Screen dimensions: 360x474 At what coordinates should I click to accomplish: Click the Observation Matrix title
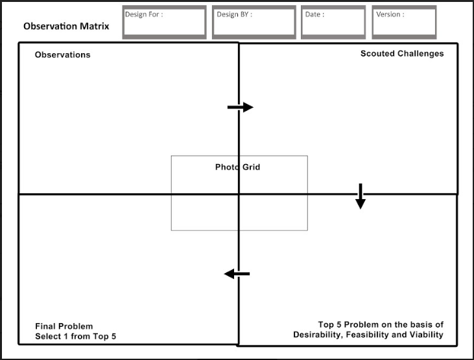[66, 27]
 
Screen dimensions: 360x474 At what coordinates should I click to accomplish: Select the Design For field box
[164, 23]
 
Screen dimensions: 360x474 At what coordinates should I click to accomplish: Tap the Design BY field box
[254, 23]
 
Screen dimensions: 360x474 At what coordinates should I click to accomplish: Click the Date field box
[333, 23]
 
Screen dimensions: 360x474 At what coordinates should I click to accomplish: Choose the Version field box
[404, 23]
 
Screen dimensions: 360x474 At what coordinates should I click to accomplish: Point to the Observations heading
[62, 55]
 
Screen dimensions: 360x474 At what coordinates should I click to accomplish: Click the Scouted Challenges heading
[402, 54]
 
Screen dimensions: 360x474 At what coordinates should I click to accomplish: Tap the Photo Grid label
[237, 167]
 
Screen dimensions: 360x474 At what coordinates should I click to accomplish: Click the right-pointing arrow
[240, 107]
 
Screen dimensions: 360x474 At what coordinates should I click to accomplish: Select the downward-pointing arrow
[361, 197]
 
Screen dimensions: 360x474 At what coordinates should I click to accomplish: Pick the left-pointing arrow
[237, 274]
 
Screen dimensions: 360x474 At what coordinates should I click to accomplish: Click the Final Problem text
[64, 326]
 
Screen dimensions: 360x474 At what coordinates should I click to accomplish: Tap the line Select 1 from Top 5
[75, 337]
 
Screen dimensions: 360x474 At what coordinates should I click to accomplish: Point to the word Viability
[424, 335]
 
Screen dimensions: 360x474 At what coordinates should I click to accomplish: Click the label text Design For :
[144, 14]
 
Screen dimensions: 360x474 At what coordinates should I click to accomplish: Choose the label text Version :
[390, 14]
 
